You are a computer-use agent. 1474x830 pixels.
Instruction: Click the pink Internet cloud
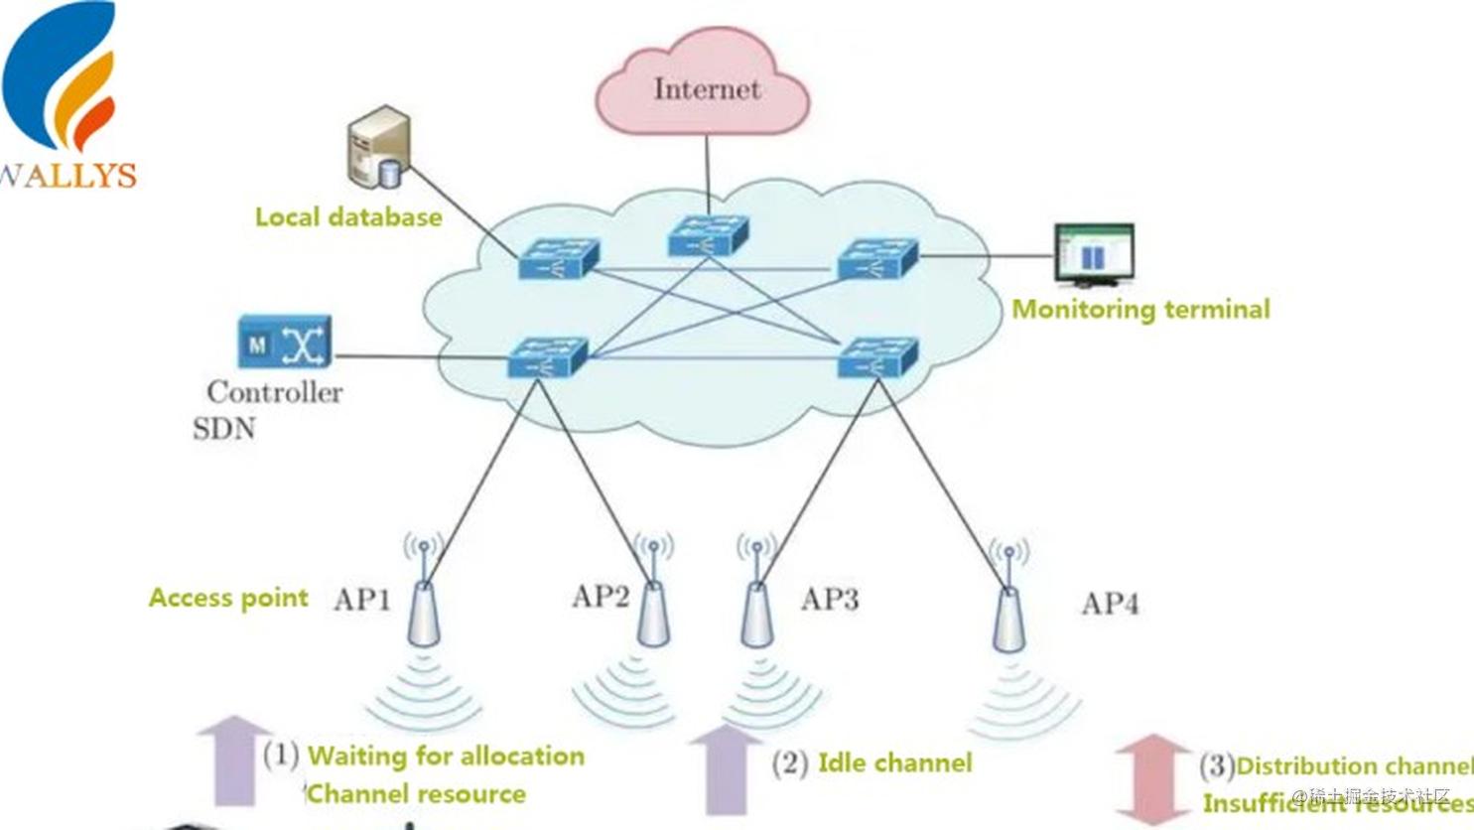(703, 83)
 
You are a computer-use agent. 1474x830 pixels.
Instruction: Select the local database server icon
(378, 148)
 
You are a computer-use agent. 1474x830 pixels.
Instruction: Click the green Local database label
(348, 217)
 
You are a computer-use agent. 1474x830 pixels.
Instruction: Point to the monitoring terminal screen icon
(1094, 254)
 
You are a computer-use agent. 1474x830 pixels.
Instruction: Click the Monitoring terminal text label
(1140, 310)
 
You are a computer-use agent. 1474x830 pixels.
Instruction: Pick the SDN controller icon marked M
(284, 343)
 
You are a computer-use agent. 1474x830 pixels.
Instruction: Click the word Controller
(275, 392)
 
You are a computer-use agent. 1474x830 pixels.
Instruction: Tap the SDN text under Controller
(223, 429)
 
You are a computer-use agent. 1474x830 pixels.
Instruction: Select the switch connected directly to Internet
(707, 236)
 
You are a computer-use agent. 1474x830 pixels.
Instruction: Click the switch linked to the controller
(547, 357)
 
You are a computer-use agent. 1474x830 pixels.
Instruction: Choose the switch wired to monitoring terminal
(877, 259)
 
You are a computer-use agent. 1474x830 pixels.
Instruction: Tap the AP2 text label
(601, 597)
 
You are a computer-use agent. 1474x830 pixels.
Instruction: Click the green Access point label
(228, 598)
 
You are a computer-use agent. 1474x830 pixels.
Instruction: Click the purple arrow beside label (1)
(234, 761)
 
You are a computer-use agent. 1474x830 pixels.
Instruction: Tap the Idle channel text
(894, 763)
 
